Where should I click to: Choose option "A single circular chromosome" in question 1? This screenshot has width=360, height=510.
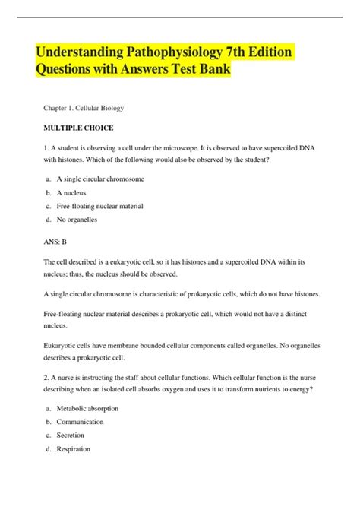[x=106, y=179]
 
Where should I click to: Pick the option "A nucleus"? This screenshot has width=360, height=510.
[x=79, y=193]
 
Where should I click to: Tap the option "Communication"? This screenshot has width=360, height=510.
[x=87, y=422]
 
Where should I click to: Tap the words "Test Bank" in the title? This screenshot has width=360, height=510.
[x=195, y=71]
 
